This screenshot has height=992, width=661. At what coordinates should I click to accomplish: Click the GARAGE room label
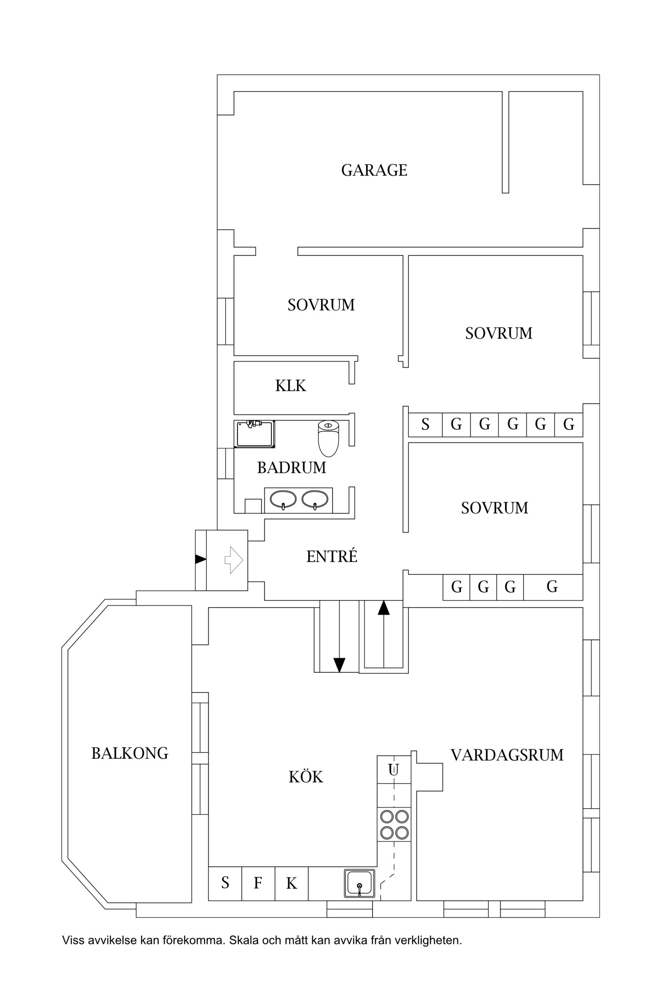point(374,170)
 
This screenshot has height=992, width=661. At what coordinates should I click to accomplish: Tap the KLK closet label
point(290,386)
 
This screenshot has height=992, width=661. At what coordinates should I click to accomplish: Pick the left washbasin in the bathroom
point(282,500)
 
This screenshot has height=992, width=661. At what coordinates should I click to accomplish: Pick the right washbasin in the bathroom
point(315,500)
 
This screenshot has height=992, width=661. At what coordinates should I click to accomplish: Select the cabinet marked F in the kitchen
point(258,883)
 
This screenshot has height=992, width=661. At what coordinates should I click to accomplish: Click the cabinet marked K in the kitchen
point(291,883)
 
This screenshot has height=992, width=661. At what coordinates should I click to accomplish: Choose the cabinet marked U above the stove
point(394,770)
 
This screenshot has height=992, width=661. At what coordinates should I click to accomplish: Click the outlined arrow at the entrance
point(234,560)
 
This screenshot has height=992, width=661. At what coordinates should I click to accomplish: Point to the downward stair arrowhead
point(339,664)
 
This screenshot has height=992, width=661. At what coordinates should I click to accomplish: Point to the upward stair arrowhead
point(384,608)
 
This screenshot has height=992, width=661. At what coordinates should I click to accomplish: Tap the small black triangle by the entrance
point(201,559)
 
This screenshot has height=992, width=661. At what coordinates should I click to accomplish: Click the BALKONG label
point(130,753)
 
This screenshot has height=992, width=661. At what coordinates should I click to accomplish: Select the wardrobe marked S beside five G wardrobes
point(425,425)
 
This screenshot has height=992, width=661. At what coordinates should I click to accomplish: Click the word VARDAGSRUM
point(507,755)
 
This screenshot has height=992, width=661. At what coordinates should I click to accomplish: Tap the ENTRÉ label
point(331,556)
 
